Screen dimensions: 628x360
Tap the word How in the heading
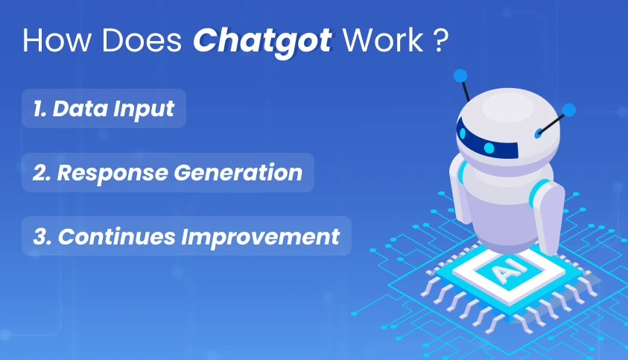(x=57, y=40)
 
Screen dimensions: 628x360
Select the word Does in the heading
(x=142, y=40)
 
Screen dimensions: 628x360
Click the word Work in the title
(x=382, y=40)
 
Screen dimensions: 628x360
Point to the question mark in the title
(x=440, y=40)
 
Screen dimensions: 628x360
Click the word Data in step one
(x=80, y=109)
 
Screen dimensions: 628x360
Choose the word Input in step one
(x=143, y=110)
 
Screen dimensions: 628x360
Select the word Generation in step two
(x=238, y=173)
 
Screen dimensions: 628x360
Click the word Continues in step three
(x=116, y=236)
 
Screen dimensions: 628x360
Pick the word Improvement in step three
(x=260, y=237)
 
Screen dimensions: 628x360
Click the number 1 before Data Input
(x=39, y=109)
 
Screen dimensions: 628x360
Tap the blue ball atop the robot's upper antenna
(x=460, y=75)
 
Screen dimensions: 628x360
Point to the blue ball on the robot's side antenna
(x=568, y=110)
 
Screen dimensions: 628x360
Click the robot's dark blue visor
(x=486, y=140)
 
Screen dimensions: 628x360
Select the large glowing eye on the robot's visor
(x=489, y=148)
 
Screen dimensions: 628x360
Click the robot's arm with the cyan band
(x=547, y=216)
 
